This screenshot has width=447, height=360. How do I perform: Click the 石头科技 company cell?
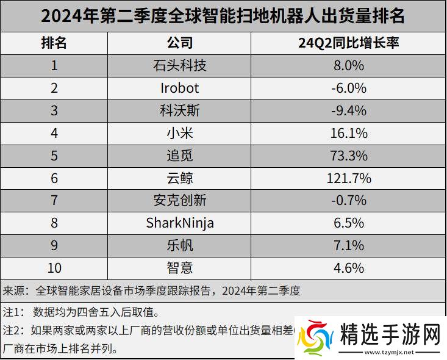(x=179, y=65)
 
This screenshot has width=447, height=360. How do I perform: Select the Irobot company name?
(x=179, y=88)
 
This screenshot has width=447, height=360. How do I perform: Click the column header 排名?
(x=54, y=43)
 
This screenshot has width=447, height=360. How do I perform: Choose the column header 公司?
(x=179, y=43)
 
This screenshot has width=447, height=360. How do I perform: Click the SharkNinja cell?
(x=179, y=223)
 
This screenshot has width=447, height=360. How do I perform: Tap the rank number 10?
(x=54, y=267)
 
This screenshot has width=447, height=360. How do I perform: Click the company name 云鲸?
(x=179, y=178)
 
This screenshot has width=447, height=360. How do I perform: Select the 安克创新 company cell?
(x=179, y=200)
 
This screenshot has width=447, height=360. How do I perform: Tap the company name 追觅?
(x=179, y=155)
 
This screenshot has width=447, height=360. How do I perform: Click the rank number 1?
(x=54, y=65)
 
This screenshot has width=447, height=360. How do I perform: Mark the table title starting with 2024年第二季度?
(x=223, y=16)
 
